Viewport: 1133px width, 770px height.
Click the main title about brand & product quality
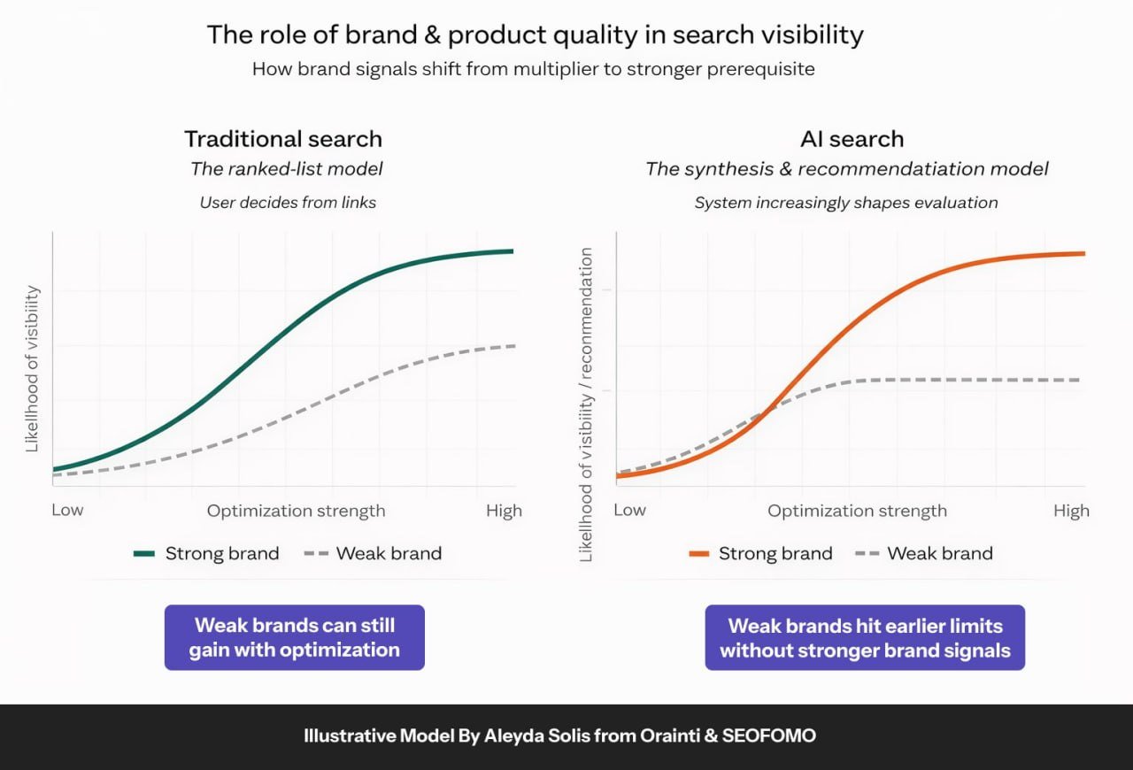click(535, 35)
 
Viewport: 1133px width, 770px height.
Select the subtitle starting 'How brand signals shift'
click(533, 69)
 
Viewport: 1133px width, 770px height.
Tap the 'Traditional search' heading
click(283, 139)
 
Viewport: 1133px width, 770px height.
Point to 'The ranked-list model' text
click(287, 169)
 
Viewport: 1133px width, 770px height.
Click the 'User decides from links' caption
click(288, 203)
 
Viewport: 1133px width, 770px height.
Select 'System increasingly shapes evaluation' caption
click(845, 203)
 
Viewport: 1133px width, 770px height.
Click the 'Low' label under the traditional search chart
click(67, 511)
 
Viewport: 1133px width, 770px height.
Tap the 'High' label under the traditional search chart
click(504, 511)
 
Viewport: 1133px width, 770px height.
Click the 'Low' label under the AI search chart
click(629, 511)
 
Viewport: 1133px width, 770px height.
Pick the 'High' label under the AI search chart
click(1071, 511)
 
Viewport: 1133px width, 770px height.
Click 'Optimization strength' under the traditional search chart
click(296, 511)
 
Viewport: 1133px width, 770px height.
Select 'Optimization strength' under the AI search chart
click(857, 511)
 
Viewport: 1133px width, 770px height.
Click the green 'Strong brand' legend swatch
click(144, 554)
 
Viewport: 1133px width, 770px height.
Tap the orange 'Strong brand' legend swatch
click(698, 554)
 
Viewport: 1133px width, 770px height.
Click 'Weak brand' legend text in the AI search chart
click(940, 554)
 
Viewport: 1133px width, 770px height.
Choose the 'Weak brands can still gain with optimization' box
click(295, 637)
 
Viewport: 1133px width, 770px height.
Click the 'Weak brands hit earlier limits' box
click(865, 638)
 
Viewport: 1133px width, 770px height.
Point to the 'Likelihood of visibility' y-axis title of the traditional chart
click(33, 369)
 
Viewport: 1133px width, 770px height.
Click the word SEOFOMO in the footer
click(778, 736)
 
